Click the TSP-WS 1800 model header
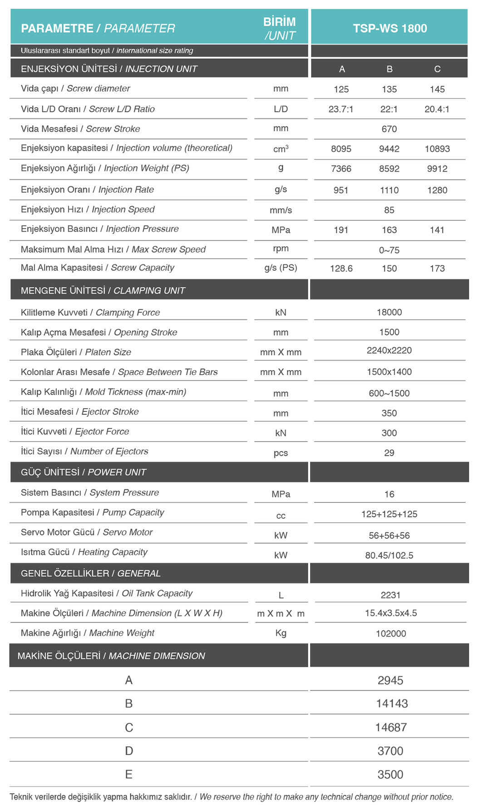389,28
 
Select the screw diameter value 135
389,89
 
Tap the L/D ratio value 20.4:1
437,109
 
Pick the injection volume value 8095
341,149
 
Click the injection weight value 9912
437,169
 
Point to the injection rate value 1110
389,190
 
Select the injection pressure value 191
341,230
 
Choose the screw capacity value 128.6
341,268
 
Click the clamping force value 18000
389,312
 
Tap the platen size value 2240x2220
389,351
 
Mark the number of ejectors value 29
389,453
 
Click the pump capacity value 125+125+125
389,514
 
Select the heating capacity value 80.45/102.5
389,555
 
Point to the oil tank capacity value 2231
390,595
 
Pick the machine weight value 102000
390,634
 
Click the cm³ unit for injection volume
281,149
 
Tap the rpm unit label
281,249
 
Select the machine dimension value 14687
390,727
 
